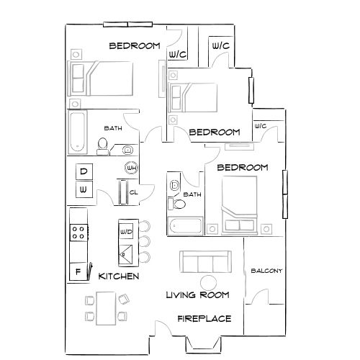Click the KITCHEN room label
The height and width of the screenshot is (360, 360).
tap(119, 276)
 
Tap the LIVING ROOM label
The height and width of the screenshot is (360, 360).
tap(197, 294)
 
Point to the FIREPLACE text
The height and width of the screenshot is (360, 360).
tap(204, 318)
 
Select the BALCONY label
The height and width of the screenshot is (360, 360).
tap(266, 271)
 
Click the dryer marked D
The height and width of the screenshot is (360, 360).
tap(84, 171)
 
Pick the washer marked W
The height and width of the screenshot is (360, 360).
tap(84, 189)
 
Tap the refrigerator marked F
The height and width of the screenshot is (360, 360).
tap(78, 271)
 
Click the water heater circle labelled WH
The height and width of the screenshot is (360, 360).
tap(131, 168)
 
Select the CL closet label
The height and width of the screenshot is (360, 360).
tap(133, 192)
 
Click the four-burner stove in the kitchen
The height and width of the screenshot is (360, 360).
tap(78, 232)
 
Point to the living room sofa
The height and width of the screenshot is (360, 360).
tap(205, 262)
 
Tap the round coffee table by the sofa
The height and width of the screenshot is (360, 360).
tap(209, 282)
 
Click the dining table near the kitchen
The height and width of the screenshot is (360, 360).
tap(105, 307)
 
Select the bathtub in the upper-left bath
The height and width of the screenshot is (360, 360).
tap(78, 131)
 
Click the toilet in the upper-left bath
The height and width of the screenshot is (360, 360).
tap(103, 148)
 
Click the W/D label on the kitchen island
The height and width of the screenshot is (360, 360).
tap(126, 232)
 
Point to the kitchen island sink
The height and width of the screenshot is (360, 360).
tap(127, 252)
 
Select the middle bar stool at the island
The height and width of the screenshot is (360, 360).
tap(145, 240)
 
